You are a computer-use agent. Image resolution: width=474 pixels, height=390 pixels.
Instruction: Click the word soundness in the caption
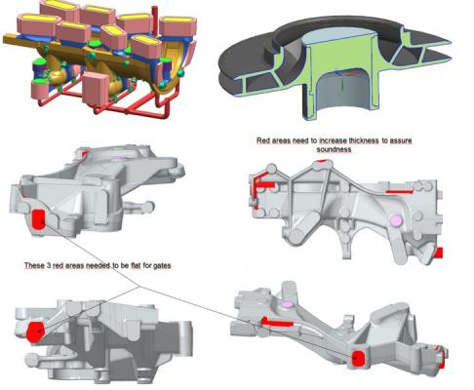334,149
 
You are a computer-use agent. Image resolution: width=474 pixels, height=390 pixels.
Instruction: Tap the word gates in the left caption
161,265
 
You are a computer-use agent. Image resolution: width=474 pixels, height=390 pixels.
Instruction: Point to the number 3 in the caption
49,265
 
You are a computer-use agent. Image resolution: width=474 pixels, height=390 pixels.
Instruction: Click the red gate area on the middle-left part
38,219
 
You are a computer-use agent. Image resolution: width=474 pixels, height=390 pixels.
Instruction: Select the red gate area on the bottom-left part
35,331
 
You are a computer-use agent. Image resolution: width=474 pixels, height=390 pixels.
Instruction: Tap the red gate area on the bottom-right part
358,359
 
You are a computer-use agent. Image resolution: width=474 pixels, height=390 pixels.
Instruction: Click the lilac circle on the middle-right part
397,220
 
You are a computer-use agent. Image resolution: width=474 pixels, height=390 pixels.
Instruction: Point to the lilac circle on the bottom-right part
287,304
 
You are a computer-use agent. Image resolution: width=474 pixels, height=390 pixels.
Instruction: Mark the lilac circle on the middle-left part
119,158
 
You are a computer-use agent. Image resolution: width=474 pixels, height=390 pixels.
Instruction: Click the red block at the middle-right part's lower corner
438,253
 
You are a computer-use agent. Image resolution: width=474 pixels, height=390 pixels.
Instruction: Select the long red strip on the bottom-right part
276,322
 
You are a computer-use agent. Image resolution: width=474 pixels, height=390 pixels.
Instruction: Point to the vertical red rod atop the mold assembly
155,19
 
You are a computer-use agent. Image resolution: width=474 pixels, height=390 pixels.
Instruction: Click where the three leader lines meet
139,287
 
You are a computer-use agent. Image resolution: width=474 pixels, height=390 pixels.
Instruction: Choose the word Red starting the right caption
262,140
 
